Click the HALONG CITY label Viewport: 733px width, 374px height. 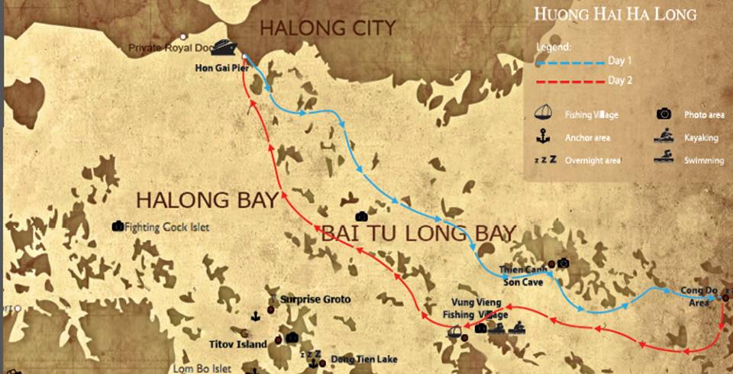328,28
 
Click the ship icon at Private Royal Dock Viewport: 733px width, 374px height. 222,47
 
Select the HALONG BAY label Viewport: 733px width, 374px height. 206,201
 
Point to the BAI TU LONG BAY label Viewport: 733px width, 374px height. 418,233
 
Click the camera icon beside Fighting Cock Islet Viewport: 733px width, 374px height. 118,227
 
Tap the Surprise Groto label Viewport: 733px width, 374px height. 315,300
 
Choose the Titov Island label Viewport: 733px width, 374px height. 239,344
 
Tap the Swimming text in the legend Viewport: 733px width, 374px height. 701,160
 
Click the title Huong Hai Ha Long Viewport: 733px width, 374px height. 615,15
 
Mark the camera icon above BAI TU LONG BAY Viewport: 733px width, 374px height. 361,218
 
